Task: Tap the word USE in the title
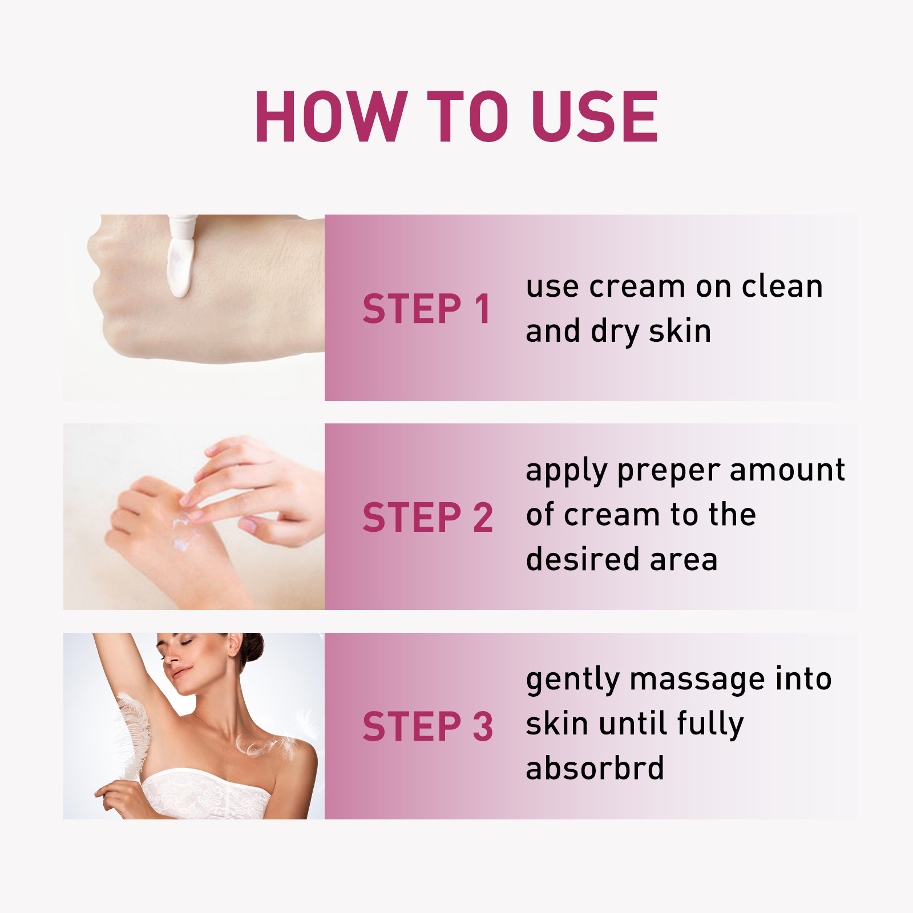tap(595, 117)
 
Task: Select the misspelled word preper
tap(669, 471)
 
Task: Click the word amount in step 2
tap(787, 471)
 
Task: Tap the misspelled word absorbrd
tap(595, 768)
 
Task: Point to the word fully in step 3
tap(710, 724)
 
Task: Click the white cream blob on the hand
tap(179, 268)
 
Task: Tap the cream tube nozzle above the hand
tap(183, 226)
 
